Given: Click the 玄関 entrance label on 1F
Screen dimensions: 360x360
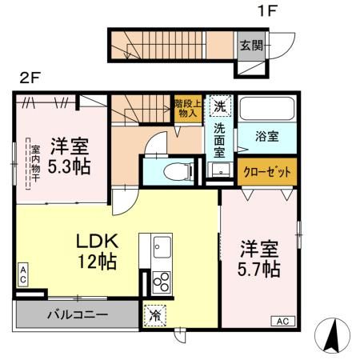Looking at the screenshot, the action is pos(251,46).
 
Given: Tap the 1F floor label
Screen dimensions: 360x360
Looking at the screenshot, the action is pos(267,11).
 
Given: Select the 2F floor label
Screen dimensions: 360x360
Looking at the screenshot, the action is pos(30,78).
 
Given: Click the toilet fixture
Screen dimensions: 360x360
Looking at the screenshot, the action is pos(178,172).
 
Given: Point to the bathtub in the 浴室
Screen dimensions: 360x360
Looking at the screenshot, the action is pos(266,109).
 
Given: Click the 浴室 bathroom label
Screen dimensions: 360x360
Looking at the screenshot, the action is pos(266,137).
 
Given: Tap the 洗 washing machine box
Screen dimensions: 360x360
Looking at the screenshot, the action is pos(220,106).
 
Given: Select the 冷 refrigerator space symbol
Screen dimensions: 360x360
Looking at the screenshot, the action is pos(154,316).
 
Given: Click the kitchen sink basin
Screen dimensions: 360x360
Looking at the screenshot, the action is pos(162,247).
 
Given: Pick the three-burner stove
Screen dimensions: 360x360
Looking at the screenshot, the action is pos(162,282).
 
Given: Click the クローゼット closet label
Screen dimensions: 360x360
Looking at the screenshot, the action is pos(267,172).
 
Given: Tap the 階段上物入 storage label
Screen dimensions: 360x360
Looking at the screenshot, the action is pos(188,108).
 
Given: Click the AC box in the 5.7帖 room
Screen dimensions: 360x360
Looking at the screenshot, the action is pos(283,321).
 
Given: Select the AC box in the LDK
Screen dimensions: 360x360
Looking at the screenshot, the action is pos(23,274).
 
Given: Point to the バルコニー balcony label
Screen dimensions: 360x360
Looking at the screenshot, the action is pos(78,315).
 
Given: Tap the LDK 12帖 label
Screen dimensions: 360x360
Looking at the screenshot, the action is pos(98,251).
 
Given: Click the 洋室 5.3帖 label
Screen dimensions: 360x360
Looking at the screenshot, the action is pos(70,156).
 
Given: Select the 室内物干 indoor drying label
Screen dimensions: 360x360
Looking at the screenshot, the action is pos(35,163).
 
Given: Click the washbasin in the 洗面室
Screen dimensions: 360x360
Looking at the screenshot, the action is pos(221,170).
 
